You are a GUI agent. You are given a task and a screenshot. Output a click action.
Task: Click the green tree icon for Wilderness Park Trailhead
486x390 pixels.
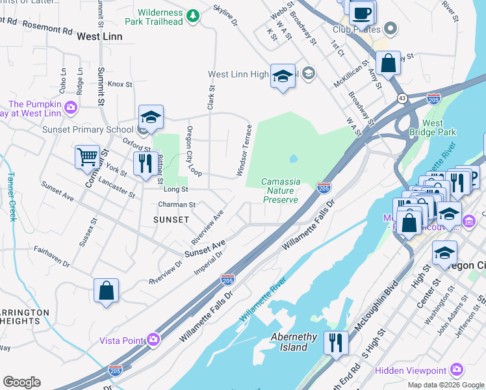click(x=192, y=15)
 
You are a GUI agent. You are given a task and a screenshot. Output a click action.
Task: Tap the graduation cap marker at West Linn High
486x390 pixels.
click(x=283, y=76)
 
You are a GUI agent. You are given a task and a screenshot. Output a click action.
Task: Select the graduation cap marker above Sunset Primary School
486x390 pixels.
click(x=151, y=118)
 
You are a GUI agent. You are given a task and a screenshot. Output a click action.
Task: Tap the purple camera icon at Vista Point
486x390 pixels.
click(x=153, y=340)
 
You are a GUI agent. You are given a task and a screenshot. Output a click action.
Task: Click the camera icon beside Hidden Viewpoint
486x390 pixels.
click(x=457, y=370)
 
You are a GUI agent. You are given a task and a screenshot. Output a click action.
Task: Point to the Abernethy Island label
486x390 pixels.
click(x=294, y=342)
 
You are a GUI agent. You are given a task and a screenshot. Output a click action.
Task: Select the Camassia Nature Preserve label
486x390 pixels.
click(x=281, y=190)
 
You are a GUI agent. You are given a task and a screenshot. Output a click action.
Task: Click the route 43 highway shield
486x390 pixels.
click(x=403, y=97)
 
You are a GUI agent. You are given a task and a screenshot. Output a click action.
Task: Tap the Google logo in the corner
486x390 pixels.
click(x=21, y=382)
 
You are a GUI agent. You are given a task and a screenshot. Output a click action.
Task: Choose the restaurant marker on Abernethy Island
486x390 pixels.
click(x=336, y=342)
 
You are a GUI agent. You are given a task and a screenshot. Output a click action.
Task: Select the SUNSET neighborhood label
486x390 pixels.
click(x=171, y=220)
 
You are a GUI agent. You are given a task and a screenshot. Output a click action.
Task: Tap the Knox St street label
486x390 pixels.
click(x=120, y=84)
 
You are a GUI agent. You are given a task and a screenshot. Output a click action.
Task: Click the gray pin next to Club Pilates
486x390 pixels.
click(x=390, y=29)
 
